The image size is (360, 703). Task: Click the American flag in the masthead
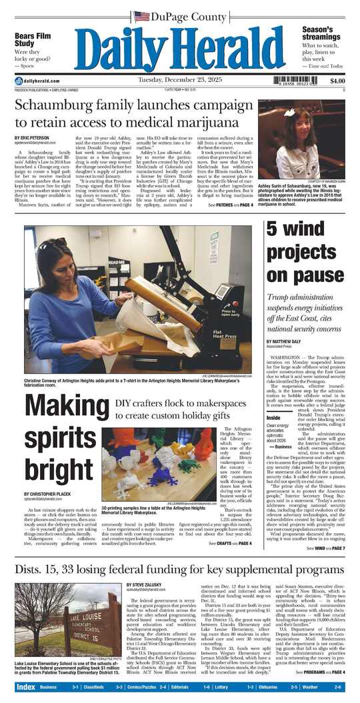click(x=141, y=17)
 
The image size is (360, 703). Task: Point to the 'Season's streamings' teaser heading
click(x=322, y=34)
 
